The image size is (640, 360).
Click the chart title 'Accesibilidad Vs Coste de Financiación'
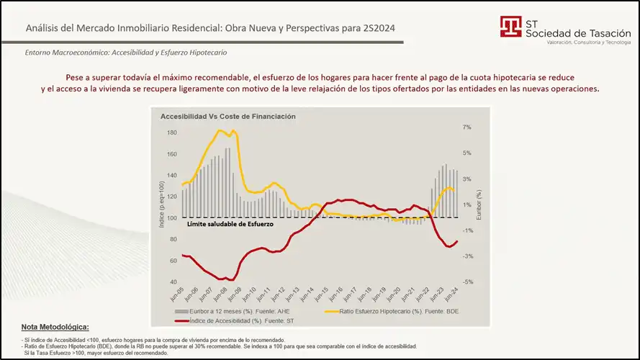coord(227,116)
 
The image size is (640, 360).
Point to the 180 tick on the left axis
coord(172,133)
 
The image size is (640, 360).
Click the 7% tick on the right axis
coord(467,127)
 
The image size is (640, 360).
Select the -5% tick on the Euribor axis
coord(467,282)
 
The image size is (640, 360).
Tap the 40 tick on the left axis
coord(173,282)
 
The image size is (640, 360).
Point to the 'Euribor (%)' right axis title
coord(478,205)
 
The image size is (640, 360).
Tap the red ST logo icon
coord(512,27)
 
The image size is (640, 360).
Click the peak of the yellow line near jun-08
coord(221,130)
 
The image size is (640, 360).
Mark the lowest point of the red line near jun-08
coord(227,279)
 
